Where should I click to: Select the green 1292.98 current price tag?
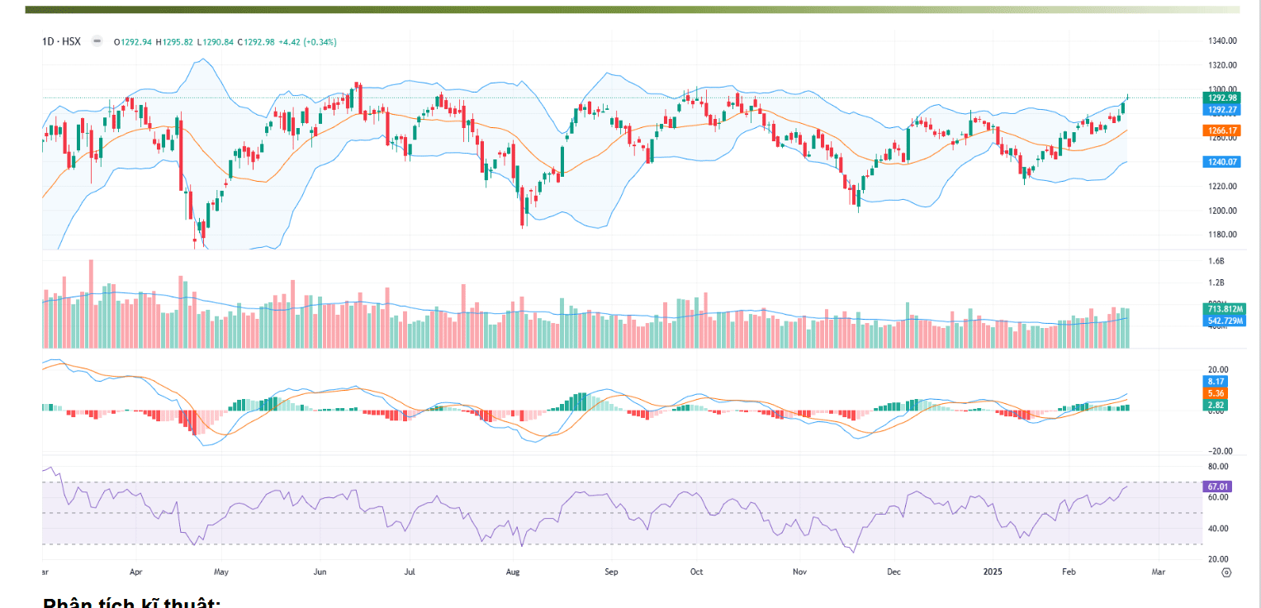point(1221,98)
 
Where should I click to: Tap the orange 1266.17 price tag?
point(1221,131)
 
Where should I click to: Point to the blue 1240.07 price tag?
point(1221,162)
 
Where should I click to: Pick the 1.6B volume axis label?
point(1216,261)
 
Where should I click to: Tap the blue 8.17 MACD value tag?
point(1216,382)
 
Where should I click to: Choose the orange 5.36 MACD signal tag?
point(1216,394)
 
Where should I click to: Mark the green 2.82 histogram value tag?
point(1216,406)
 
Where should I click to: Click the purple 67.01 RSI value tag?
point(1219,487)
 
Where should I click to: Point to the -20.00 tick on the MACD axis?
point(1219,451)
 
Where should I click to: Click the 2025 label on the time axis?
point(992,571)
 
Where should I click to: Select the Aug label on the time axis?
point(513,571)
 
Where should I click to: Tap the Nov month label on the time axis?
point(799,571)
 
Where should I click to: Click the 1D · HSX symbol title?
point(63,41)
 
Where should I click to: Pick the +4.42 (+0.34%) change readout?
point(307,42)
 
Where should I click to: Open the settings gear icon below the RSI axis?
point(1226,572)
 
